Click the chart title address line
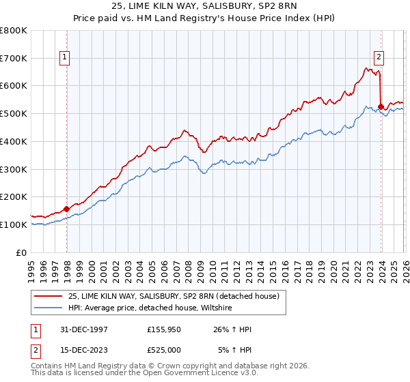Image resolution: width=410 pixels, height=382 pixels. (x=204, y=5)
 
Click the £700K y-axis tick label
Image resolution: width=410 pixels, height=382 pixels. (x=14, y=59)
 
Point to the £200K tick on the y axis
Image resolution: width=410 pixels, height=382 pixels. (x=14, y=196)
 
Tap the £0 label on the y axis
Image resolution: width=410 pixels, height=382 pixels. (x=22, y=252)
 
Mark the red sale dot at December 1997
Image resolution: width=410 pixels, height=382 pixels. (x=67, y=209)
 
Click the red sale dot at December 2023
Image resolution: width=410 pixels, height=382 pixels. (x=381, y=106)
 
